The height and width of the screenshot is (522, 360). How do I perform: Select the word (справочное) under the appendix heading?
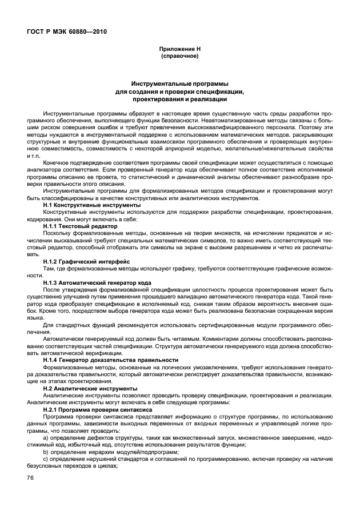pyautogui.click(x=179, y=57)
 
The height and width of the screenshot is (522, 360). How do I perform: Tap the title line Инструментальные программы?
pyautogui.click(x=179, y=84)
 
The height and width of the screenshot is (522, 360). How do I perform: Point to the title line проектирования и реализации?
pyautogui.click(x=179, y=99)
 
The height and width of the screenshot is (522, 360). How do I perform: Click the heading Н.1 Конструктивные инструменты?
pyautogui.click(x=91, y=204)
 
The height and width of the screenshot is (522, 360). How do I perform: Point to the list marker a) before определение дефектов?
pyautogui.click(x=46, y=438)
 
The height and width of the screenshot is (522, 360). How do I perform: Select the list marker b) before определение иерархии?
pyautogui.click(x=46, y=452)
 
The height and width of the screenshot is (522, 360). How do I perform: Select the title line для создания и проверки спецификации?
pyautogui.click(x=179, y=91)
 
